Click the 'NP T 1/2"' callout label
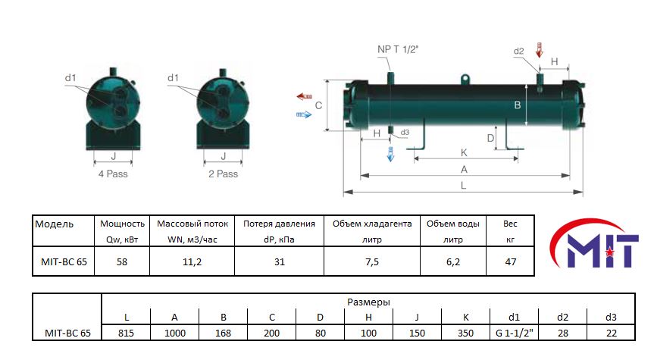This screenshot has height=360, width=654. pos(397,50)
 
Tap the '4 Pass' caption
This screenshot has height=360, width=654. pos(113,174)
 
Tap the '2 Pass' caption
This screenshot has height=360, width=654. pos(223,174)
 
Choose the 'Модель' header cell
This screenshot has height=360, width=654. pos(55,224)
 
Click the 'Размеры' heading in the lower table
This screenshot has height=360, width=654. pos(369,302)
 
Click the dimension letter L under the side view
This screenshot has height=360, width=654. pos(463,185)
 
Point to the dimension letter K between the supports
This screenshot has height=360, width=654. pos(464,152)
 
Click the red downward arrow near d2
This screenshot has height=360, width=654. pos(539,50)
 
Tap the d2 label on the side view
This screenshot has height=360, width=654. pos(518,51)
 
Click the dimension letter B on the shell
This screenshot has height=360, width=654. pos(518,105)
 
